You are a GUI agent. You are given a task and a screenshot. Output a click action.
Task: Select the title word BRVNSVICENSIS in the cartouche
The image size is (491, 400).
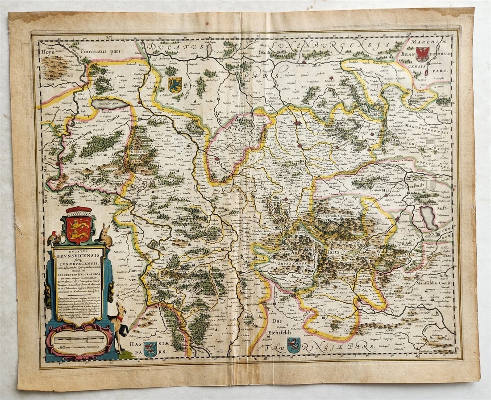tap(78, 258)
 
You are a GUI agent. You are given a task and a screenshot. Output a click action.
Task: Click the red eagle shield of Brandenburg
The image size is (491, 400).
tap(422, 54)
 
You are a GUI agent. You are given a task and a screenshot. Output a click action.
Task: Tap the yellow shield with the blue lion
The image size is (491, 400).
tap(175, 85)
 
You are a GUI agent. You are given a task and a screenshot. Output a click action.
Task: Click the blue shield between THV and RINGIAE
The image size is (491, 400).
tap(293, 345)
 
